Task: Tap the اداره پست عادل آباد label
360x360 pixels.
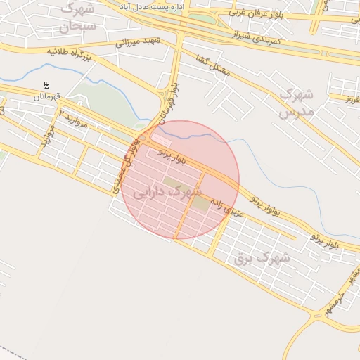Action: click(x=169, y=6)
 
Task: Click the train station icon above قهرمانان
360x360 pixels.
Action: click(x=47, y=86)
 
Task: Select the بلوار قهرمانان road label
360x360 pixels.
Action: click(x=166, y=103)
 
